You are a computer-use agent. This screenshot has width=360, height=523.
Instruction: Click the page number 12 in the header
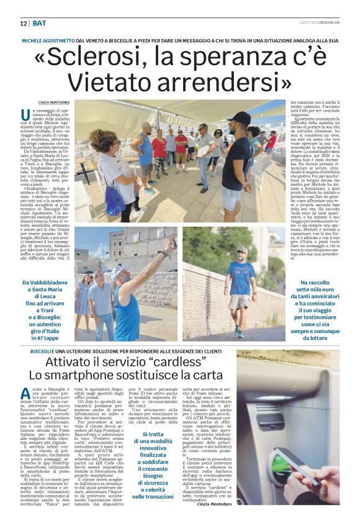pyautogui.click(x=23, y=23)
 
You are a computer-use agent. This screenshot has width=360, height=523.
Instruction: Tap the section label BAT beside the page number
pyautogui.click(x=38, y=23)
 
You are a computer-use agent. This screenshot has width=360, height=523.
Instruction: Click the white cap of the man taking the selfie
pyautogui.click(x=117, y=272)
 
